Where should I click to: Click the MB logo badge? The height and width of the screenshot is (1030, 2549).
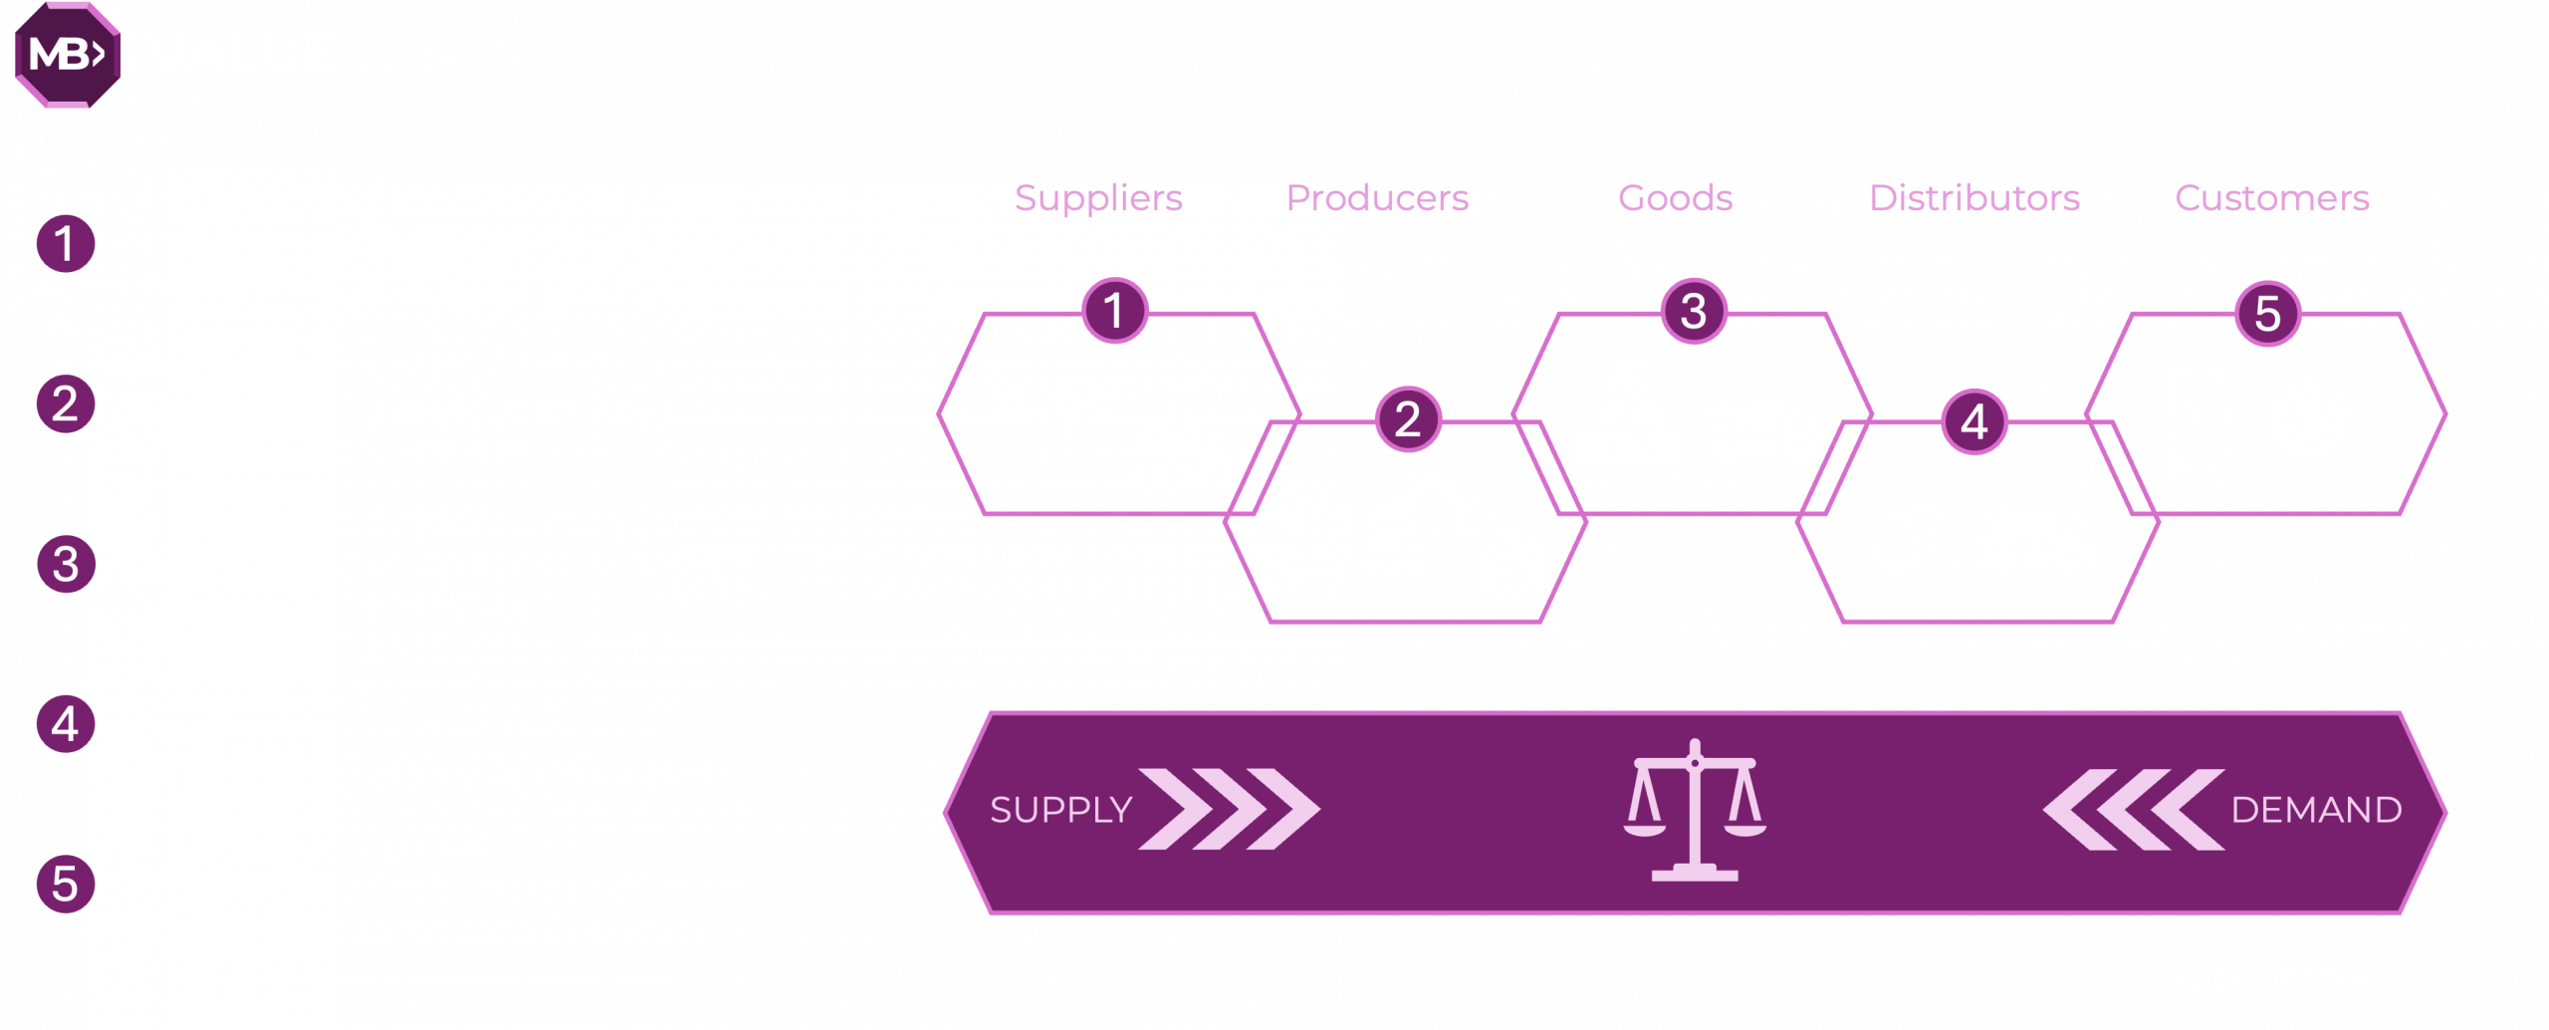pos(67,56)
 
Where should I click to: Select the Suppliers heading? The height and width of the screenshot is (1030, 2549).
pos(1098,198)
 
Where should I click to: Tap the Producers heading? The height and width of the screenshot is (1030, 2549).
pos(1377,198)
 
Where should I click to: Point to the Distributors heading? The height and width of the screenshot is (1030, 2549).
pos(1973,198)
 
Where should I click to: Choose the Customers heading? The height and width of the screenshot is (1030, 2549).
pos(2271,198)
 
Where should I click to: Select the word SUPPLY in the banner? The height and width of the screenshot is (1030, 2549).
pos(1061,811)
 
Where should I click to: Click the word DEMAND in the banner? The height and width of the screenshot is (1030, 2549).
pos(2316,811)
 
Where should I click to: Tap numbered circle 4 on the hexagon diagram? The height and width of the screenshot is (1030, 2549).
pos(1973,422)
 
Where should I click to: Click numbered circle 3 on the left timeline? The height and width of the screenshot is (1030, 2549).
pos(66,564)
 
